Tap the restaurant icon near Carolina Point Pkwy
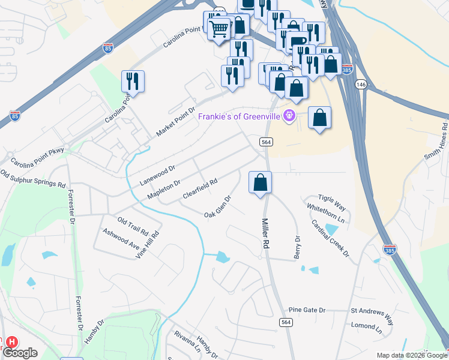(x=133, y=80)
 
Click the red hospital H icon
(x=11, y=342)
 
